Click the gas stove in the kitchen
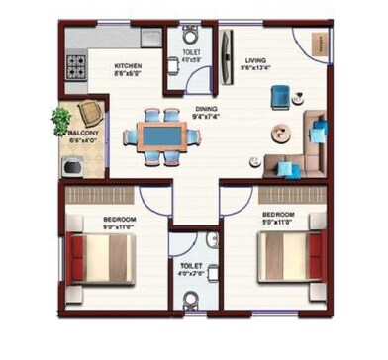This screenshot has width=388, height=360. coord(78,67)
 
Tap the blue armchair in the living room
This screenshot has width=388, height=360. coord(280,95)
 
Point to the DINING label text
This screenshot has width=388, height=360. coord(205,111)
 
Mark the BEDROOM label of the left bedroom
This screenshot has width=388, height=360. coord(119,218)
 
